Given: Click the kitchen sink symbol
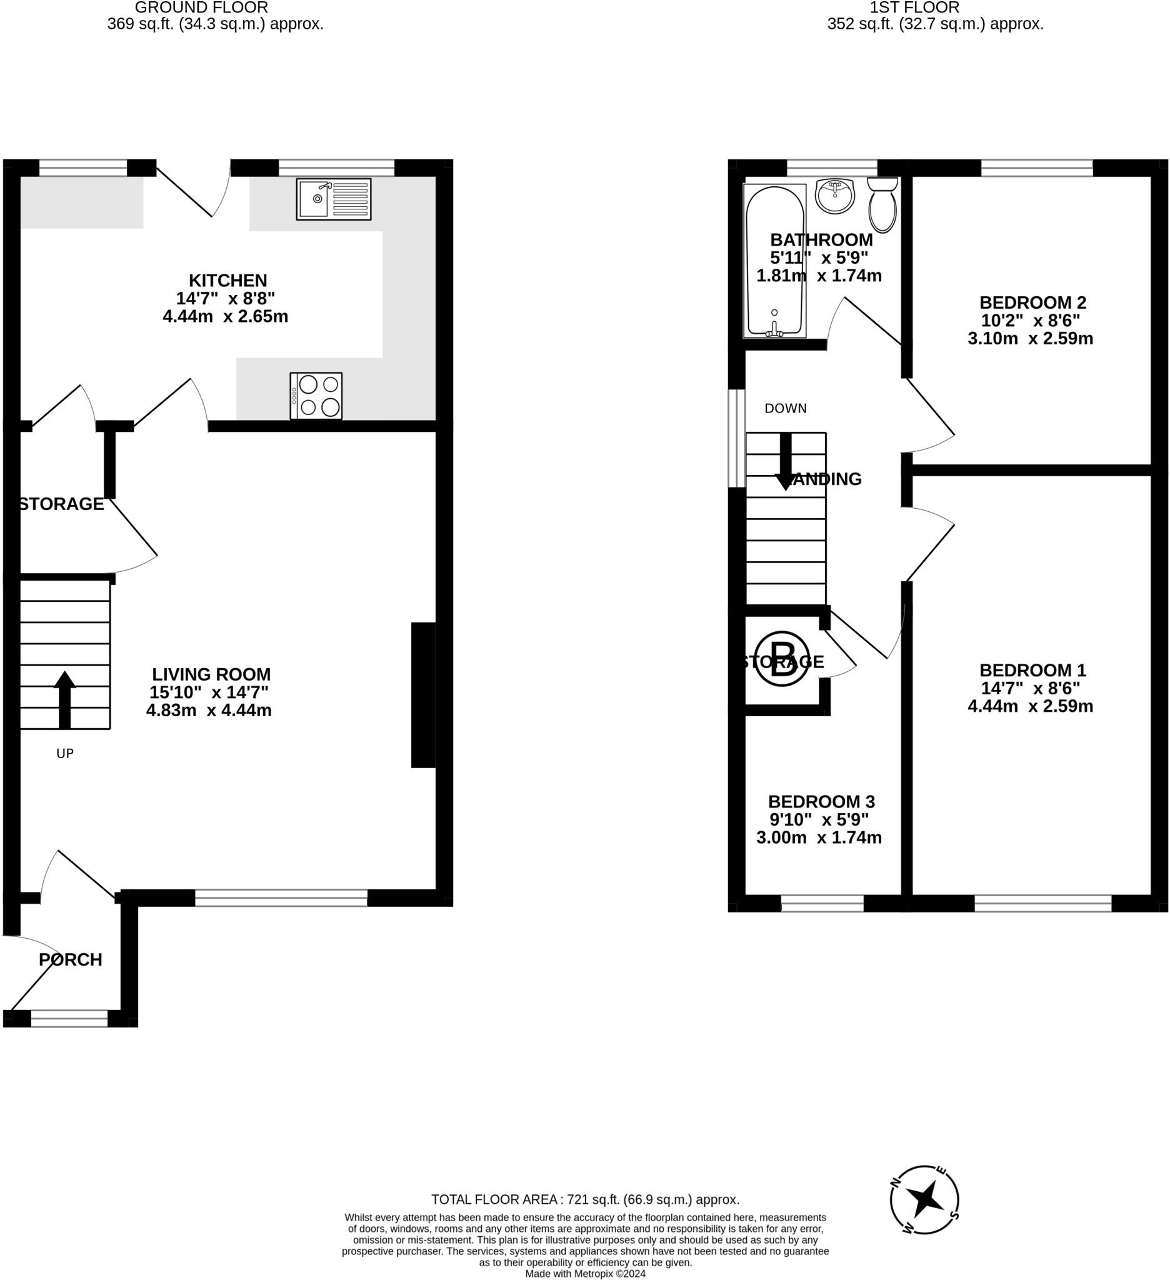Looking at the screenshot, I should [x=333, y=199].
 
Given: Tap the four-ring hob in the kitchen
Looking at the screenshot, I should [x=316, y=396].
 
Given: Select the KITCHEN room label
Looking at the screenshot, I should [x=228, y=280].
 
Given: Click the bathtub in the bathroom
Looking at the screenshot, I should [x=774, y=261].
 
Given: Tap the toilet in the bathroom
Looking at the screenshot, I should [x=882, y=204].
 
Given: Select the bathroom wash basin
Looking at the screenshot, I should [x=835, y=196].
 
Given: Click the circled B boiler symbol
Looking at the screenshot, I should [x=782, y=658].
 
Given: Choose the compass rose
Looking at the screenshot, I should [x=924, y=1200].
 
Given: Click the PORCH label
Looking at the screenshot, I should [x=71, y=959].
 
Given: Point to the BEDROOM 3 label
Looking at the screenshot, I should [x=821, y=801].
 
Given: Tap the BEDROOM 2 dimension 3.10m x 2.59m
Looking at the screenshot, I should [x=1031, y=338].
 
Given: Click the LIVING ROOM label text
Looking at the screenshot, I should [x=211, y=674].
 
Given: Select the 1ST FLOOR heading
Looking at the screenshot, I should [x=914, y=7].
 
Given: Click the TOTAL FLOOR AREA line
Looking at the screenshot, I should [x=586, y=1199].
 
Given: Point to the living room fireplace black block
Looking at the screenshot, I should [x=423, y=694].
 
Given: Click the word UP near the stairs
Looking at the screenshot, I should [x=65, y=754].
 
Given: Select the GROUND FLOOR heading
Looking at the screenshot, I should [x=201, y=7].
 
